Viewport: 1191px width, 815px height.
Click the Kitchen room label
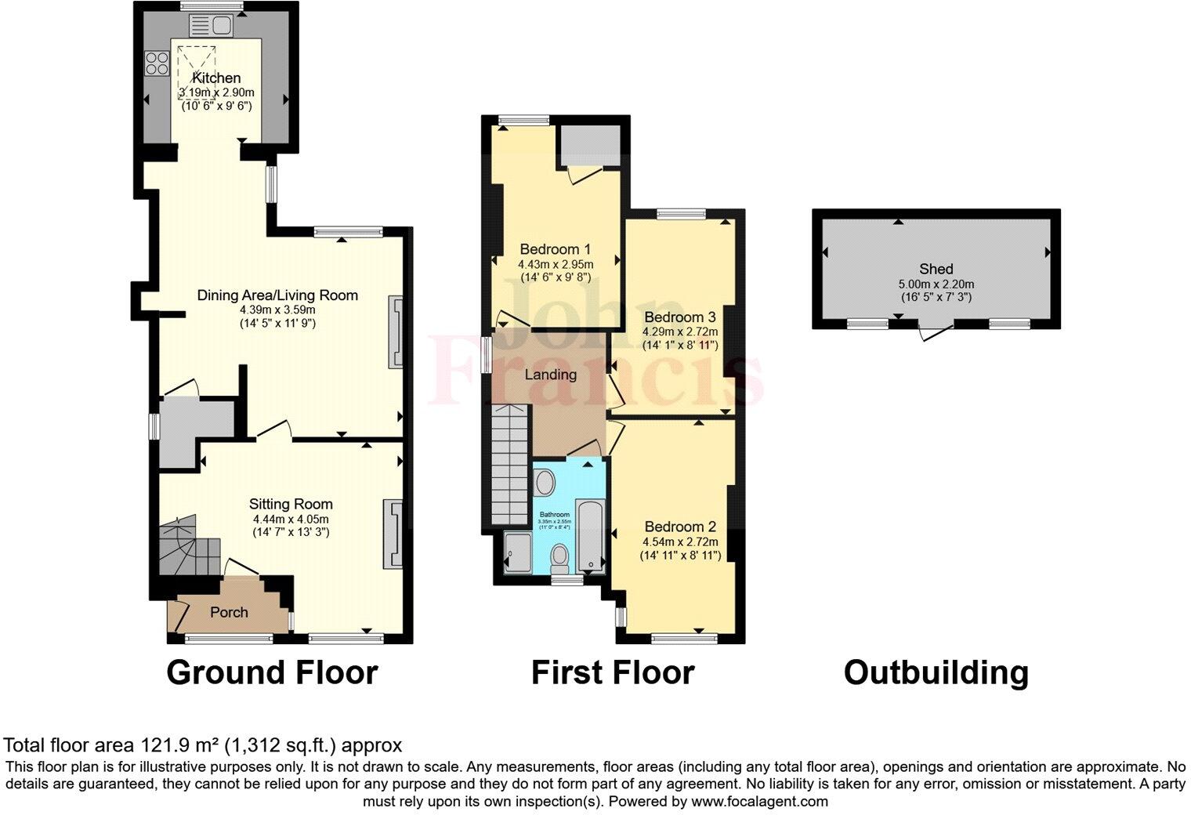[216, 78]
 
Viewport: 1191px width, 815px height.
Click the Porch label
[229, 612]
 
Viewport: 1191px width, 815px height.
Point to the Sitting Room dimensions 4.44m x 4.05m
[291, 519]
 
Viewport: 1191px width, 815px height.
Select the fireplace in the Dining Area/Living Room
[396, 331]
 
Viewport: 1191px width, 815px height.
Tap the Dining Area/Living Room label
[277, 295]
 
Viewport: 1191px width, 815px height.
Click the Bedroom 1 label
[555, 249]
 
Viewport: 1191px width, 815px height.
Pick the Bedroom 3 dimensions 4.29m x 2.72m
[680, 331]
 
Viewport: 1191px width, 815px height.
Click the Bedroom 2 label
[680, 527]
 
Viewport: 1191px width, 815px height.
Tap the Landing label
[550, 375]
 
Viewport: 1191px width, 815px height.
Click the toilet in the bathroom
[559, 557]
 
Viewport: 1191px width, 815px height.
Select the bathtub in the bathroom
[590, 534]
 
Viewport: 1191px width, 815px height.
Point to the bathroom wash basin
[545, 483]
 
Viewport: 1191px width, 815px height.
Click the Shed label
[936, 269]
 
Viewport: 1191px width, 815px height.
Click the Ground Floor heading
[272, 672]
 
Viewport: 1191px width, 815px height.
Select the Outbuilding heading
[936, 672]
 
